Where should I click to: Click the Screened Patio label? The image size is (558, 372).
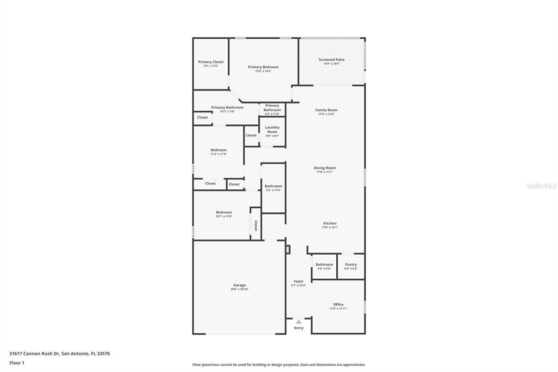[x=331, y=60]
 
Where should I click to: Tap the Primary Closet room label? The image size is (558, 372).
[x=210, y=62]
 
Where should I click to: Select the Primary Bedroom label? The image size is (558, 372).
[x=263, y=67]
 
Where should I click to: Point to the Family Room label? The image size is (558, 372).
[x=326, y=110]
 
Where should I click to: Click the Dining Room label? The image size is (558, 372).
[x=324, y=168]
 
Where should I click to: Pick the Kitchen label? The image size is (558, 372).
[x=330, y=223]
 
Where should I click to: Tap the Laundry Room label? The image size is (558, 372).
[x=272, y=129]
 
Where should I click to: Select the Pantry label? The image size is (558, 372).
[x=350, y=265]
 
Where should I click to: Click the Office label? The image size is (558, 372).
[x=338, y=304]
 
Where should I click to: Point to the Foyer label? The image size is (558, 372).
[x=298, y=281]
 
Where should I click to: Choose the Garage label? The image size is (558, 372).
[x=239, y=285]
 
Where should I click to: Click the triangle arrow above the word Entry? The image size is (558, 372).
[x=299, y=322]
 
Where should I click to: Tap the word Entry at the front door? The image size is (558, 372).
[x=299, y=328]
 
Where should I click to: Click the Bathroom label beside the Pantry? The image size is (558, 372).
[x=324, y=265]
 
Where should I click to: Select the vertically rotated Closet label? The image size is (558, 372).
[x=255, y=225]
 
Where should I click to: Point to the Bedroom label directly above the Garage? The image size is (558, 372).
[x=223, y=212]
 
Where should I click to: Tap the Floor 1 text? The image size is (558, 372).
[x=17, y=363]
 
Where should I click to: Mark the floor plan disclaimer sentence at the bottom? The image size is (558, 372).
[x=278, y=364]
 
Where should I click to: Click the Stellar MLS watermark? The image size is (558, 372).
[x=541, y=186]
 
